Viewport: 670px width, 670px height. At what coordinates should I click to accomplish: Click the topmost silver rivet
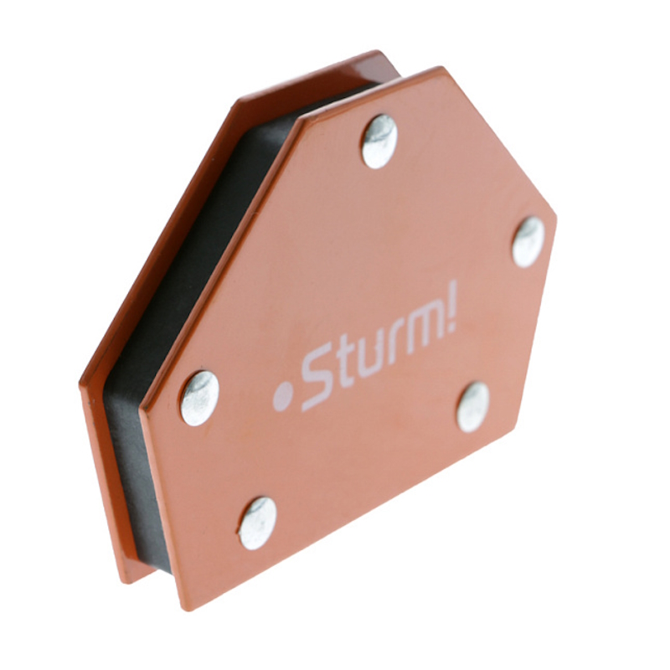(380, 141)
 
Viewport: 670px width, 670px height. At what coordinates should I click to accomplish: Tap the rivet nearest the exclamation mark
(528, 242)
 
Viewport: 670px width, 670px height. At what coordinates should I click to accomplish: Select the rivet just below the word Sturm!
(473, 407)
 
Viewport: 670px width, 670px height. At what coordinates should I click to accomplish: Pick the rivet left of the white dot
(199, 399)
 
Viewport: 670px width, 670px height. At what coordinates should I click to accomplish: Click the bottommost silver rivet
(258, 523)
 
